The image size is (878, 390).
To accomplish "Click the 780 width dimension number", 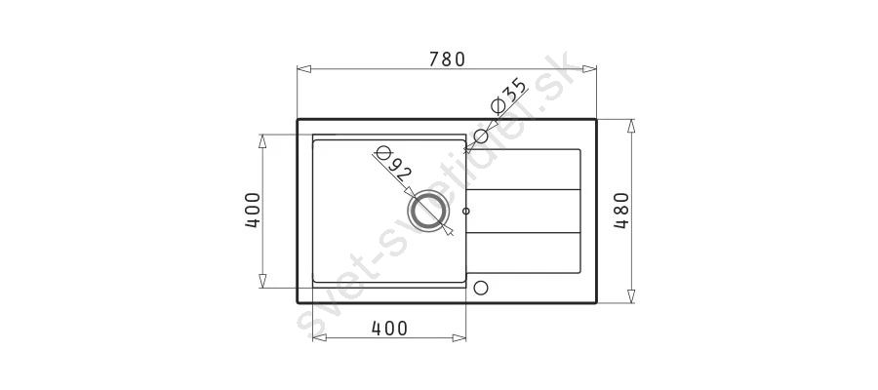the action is (448, 58).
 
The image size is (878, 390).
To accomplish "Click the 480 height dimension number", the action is (621, 211).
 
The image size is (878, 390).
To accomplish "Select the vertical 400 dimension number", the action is (253, 211).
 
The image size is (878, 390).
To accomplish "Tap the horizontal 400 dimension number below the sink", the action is (389, 329).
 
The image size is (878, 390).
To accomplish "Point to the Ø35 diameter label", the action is (508, 96).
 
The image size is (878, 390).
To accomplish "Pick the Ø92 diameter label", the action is (394, 164).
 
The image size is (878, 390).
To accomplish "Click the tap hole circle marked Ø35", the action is (481, 136).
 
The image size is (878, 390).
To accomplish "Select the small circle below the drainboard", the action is (481, 288).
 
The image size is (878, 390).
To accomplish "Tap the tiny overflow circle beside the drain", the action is (466, 212).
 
